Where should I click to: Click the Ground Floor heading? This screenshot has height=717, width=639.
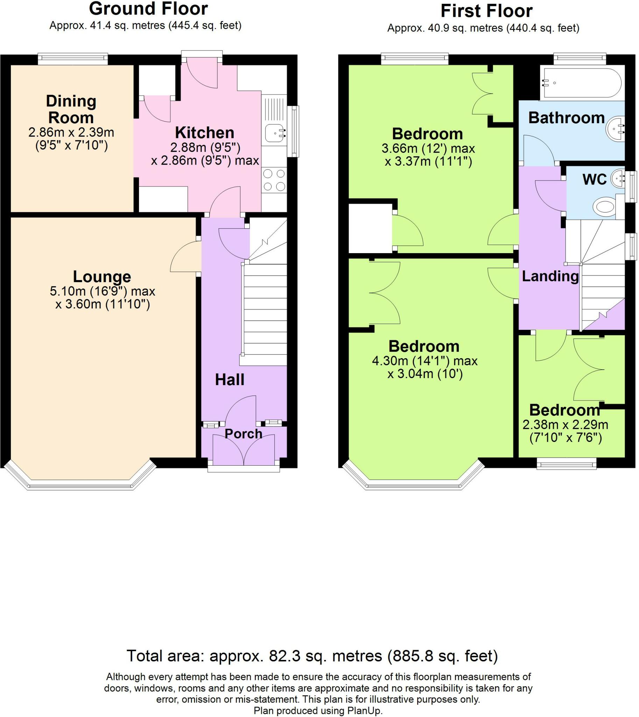[x=148, y=8]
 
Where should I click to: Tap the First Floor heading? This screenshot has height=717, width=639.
[x=486, y=11]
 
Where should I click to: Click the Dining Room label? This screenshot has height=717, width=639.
[x=71, y=109]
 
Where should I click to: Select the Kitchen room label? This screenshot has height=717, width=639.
[x=205, y=132]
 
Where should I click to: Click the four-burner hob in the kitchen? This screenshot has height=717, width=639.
[x=274, y=180]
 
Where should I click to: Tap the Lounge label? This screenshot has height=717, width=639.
[x=102, y=277]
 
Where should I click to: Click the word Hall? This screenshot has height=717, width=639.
[x=230, y=380]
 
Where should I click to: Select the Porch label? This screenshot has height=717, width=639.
[x=243, y=434]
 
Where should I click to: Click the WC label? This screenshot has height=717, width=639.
[x=595, y=180]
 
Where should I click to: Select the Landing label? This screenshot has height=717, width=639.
[x=550, y=276]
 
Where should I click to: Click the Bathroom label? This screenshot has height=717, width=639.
[x=566, y=118]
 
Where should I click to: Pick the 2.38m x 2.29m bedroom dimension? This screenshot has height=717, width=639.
[x=565, y=425]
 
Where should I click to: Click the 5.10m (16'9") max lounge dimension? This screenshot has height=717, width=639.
[x=103, y=291]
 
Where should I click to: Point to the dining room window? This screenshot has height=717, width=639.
[x=73, y=59]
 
